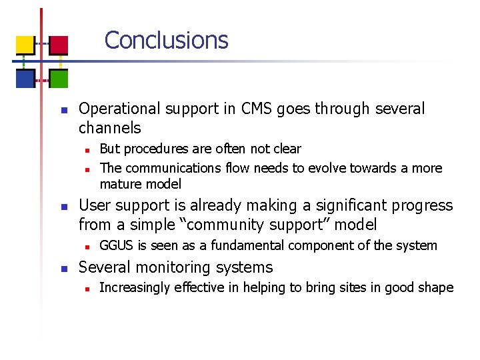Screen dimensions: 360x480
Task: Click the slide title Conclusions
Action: tap(166, 40)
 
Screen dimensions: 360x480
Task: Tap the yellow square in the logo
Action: tap(25, 45)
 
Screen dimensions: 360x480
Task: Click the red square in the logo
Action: tap(59, 45)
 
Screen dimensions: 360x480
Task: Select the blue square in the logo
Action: tap(25, 79)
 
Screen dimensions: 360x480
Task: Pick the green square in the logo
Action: tap(59, 79)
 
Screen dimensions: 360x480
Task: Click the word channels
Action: tap(110, 127)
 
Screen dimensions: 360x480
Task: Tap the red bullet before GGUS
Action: tap(86, 247)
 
